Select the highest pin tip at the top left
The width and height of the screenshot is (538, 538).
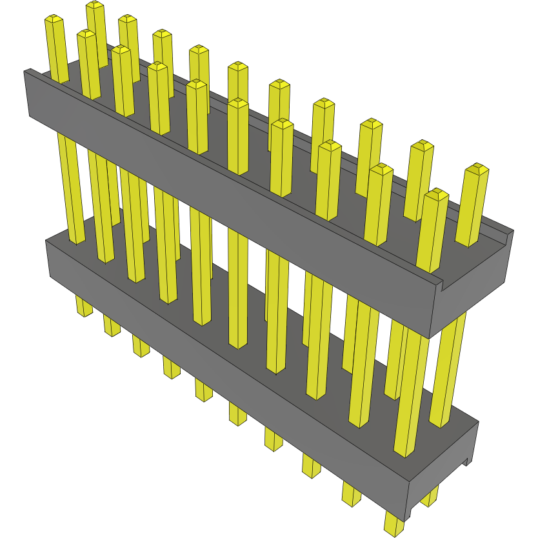[x=95, y=5]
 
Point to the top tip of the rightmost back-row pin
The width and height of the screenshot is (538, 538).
[x=477, y=168]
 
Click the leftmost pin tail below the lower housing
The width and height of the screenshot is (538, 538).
[x=84, y=307]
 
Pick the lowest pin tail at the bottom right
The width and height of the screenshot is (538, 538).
[x=393, y=524]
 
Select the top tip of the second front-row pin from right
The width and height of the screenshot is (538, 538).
[x=381, y=169]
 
